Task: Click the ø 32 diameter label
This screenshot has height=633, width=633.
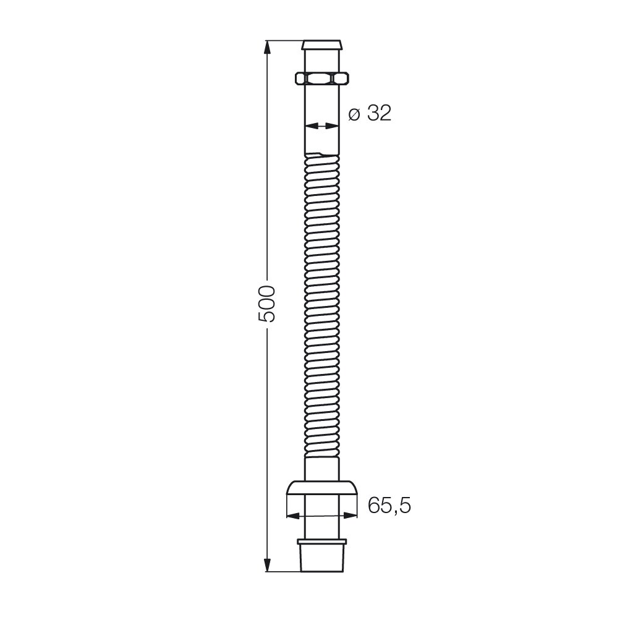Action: coord(370,114)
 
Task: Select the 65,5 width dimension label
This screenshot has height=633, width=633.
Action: coord(389,506)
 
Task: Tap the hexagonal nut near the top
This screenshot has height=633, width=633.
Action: coord(321,79)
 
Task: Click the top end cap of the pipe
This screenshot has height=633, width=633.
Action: coord(321,46)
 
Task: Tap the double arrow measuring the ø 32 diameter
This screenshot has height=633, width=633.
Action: coord(321,126)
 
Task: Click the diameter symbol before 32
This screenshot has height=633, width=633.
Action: coord(354,114)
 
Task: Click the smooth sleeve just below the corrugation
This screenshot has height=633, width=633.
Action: coord(322,467)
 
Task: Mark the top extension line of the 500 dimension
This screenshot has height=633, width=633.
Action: coord(284,41)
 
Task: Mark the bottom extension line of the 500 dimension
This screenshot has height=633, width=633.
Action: coord(284,572)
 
